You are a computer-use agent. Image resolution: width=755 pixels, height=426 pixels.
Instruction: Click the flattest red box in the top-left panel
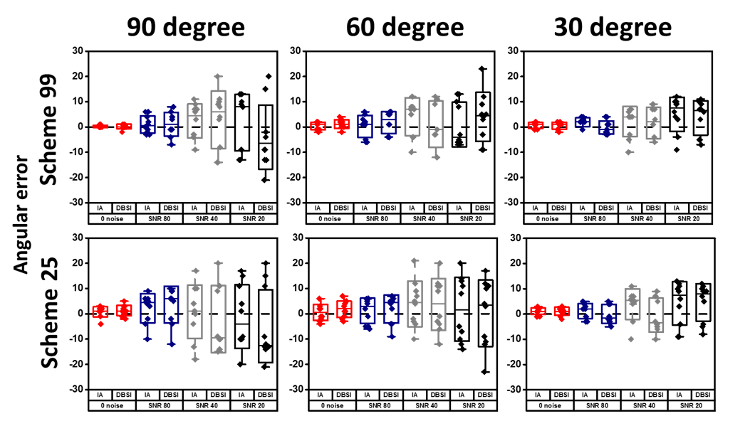tap(100, 126)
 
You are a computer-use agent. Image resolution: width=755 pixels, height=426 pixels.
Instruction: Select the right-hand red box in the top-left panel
tap(124, 127)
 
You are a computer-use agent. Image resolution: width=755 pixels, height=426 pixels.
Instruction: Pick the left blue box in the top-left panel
tap(147, 124)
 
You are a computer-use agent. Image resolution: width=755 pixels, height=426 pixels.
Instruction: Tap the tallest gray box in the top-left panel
tap(219, 119)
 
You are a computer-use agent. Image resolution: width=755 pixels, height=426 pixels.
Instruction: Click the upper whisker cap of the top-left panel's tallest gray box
tap(219, 76)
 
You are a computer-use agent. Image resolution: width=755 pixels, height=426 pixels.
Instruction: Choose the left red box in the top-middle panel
tap(318, 126)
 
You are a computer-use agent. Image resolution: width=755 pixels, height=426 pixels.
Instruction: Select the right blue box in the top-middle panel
tap(389, 122)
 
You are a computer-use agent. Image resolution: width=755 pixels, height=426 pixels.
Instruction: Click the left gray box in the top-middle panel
tap(412, 117)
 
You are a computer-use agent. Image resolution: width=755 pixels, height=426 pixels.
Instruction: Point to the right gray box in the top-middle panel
tap(436, 124)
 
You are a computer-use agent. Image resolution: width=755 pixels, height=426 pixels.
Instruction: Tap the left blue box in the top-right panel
tap(583, 122)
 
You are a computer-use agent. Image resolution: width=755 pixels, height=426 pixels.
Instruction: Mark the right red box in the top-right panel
tap(559, 126)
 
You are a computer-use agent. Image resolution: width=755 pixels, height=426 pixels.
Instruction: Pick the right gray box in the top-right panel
tap(654, 123)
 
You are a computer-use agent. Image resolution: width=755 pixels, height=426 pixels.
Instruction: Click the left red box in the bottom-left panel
tap(100, 311)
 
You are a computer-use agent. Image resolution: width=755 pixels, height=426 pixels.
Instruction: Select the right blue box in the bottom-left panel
tap(171, 304)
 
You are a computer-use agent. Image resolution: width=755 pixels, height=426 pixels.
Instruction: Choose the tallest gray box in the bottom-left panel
tap(219, 319)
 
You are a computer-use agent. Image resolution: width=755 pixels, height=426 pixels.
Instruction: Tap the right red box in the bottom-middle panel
tap(344, 308)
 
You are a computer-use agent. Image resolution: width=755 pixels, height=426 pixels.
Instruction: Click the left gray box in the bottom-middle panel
tap(415, 304)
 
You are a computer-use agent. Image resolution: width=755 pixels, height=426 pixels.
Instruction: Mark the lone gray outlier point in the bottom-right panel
tap(630, 339)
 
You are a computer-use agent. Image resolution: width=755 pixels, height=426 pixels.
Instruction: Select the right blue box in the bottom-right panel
tap(609, 313)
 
